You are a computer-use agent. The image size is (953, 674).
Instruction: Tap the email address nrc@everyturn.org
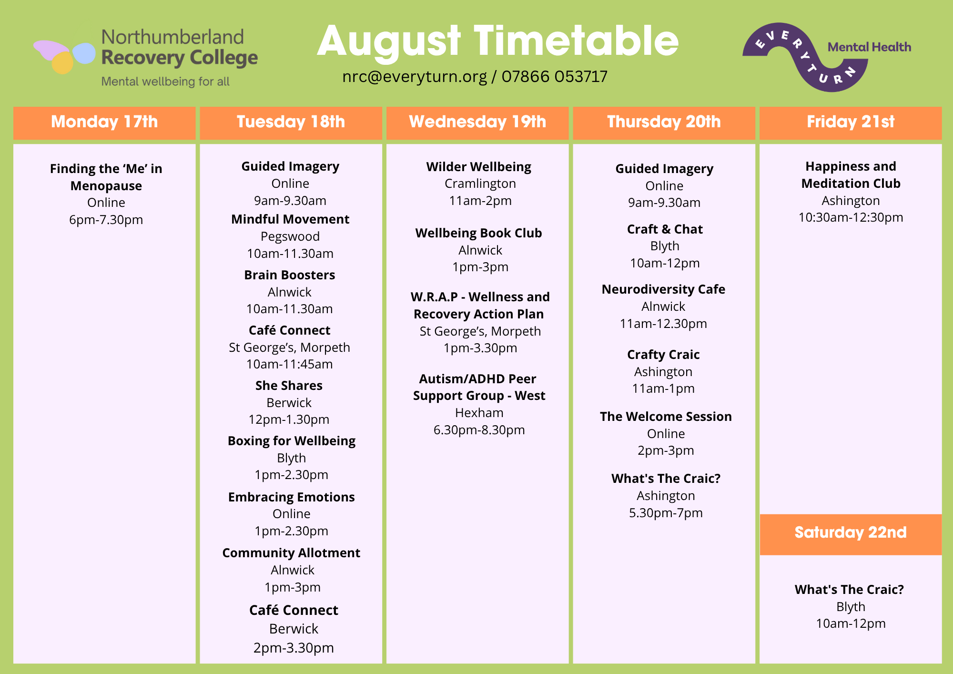click(x=415, y=77)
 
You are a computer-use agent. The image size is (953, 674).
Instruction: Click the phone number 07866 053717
click(x=555, y=76)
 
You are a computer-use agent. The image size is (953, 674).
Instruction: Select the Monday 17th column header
click(x=104, y=123)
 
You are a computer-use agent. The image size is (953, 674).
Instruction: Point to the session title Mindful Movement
click(x=290, y=219)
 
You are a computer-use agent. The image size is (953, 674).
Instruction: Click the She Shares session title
click(x=289, y=386)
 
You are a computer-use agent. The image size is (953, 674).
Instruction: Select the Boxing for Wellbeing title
click(x=292, y=441)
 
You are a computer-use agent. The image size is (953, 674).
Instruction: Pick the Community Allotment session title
click(x=291, y=553)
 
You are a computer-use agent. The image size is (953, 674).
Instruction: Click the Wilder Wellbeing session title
click(x=479, y=167)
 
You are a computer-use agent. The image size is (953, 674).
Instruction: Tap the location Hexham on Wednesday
click(x=479, y=413)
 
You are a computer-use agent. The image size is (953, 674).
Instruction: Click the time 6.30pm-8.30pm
click(x=479, y=430)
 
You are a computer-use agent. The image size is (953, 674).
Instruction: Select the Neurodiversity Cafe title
click(x=663, y=290)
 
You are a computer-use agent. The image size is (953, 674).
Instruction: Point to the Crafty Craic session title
click(x=663, y=355)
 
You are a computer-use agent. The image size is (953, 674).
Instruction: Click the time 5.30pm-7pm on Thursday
click(x=666, y=513)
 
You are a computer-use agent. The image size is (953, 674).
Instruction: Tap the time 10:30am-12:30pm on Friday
click(x=851, y=218)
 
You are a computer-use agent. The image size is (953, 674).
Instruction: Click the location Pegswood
click(x=290, y=237)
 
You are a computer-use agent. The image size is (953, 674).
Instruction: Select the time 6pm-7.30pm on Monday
click(x=106, y=220)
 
